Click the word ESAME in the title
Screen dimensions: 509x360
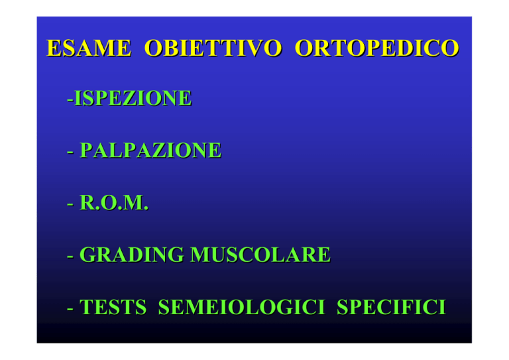pos(89,48)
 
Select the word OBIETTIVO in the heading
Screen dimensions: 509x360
pos(213,48)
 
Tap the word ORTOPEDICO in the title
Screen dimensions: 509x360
pos(376,48)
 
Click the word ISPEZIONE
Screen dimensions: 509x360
pos(133,98)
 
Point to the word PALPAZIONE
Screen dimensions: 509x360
pos(150,150)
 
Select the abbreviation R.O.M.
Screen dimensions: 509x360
pos(114,203)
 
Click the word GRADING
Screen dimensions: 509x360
pos(131,255)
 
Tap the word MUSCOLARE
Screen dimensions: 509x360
pos(260,255)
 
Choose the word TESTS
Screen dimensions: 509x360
pos(113,307)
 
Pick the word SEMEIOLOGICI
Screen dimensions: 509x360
pos(241,307)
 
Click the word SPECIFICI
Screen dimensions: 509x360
pos(392,307)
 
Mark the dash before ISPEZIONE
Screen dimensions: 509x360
pos(70,100)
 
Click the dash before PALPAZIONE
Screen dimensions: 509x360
pos(70,152)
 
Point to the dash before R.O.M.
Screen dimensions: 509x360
pos(70,205)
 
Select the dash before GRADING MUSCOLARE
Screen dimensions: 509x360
pos(70,257)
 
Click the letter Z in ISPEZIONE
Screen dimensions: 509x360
pos(129,98)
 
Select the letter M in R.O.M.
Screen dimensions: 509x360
pos(132,203)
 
